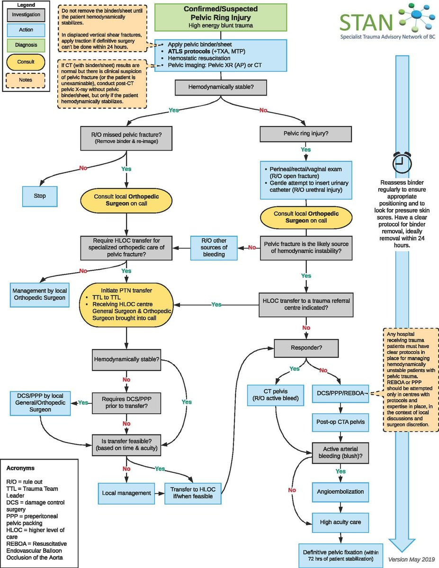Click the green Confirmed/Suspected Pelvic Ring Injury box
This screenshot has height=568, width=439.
[x=221, y=17]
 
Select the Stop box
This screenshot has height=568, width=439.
[x=40, y=196]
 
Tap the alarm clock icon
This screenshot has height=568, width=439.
[x=402, y=162]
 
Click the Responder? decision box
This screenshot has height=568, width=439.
[x=306, y=348]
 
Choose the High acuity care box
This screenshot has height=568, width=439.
[x=340, y=523]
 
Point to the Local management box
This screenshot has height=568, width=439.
[x=126, y=493]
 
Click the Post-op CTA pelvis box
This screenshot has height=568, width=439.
[x=340, y=422]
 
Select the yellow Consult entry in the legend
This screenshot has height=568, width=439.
[x=26, y=62]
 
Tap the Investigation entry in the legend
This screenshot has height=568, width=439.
[x=26, y=15]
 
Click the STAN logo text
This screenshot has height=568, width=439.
[x=366, y=22]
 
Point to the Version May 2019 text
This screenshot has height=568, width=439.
[x=411, y=559]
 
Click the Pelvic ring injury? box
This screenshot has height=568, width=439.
[x=305, y=134]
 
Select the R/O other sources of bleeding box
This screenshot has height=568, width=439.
[x=214, y=248]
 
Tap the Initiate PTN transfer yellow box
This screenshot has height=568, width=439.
[x=126, y=304]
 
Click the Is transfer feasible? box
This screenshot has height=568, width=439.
[x=126, y=445]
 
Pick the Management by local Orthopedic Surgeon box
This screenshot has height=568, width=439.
[x=40, y=294]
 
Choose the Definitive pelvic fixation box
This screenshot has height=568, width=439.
[x=340, y=555]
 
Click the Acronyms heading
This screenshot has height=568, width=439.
[x=20, y=468]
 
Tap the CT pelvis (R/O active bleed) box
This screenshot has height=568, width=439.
[x=276, y=395]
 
